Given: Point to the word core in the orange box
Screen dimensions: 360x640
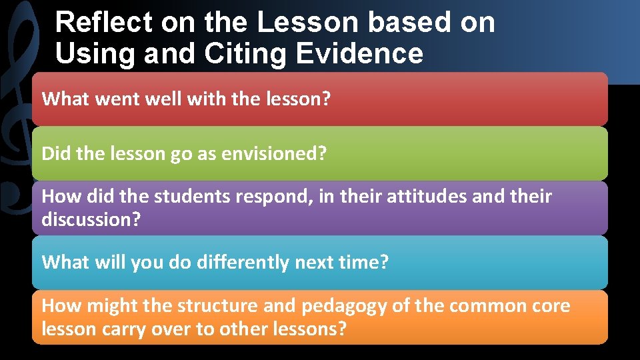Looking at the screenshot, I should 552,306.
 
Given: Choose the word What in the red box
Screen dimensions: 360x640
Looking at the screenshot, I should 63,99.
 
